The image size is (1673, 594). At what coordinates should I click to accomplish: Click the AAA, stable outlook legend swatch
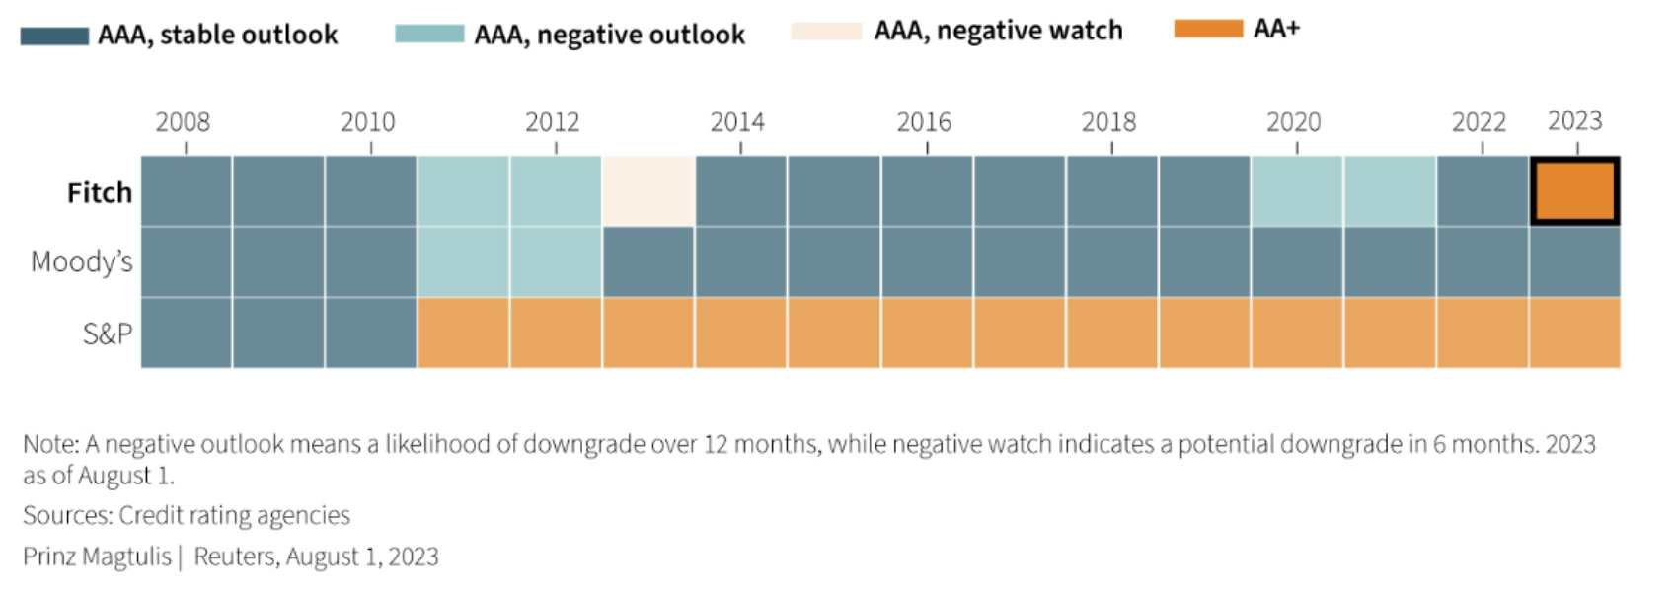point(54,36)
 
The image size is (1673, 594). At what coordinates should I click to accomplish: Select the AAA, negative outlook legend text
point(609,36)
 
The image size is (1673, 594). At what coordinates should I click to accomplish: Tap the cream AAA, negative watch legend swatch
point(827,31)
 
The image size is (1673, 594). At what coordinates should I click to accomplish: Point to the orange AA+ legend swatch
point(1208,29)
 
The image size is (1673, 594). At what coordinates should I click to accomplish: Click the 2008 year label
point(183,121)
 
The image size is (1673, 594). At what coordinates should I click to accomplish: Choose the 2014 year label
point(737,121)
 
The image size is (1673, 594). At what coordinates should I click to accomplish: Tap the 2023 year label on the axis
point(1575,121)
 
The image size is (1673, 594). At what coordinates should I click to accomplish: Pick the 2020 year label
point(1294,121)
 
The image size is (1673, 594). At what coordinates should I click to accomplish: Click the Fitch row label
point(100,192)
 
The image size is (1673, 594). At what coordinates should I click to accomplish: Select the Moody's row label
point(81,261)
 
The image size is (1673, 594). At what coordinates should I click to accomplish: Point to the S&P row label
point(108,334)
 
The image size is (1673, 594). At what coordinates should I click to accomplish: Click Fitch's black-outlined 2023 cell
point(1575,191)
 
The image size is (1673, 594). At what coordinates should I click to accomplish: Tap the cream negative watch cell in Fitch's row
point(648,191)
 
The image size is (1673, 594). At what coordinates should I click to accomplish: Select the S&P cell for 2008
point(186,333)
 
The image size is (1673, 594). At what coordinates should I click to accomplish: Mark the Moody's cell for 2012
point(556,261)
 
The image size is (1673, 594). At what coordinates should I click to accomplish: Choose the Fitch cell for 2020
point(1297,191)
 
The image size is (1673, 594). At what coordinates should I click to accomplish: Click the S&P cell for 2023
point(1575,333)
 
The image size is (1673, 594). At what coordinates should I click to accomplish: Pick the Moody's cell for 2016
point(927,261)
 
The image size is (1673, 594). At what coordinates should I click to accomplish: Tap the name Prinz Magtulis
point(97,557)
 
